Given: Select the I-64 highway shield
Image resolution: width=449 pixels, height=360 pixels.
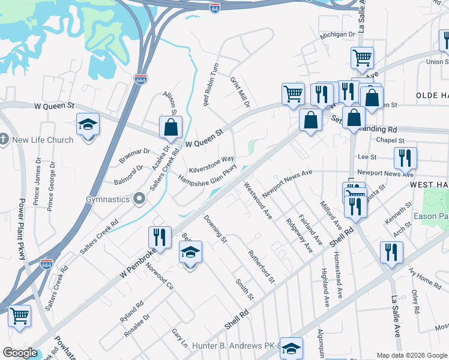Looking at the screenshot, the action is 215,7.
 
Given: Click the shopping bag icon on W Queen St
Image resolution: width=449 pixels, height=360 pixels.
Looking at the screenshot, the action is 171,127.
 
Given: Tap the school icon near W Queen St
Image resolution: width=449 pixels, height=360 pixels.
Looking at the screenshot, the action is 88,124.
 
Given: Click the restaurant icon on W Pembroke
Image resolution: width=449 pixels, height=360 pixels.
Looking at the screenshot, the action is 158,235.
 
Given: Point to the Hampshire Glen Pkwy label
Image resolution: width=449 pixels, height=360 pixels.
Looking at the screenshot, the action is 208,178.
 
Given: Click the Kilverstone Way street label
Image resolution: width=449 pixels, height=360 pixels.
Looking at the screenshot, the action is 212,164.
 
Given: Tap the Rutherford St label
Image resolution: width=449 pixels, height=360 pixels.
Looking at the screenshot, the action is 262,267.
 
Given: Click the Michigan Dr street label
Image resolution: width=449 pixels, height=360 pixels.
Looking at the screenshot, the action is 337,35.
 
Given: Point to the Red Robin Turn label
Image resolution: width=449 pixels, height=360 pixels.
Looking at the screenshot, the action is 211,85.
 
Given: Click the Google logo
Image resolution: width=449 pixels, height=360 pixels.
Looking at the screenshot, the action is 20,353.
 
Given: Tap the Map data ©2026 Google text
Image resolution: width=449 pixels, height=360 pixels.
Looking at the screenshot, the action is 411,355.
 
